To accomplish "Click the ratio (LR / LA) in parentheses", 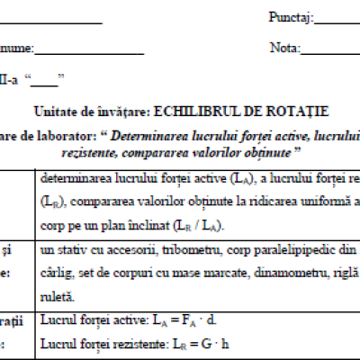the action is click(204, 224).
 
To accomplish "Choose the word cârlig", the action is click(55, 270).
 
